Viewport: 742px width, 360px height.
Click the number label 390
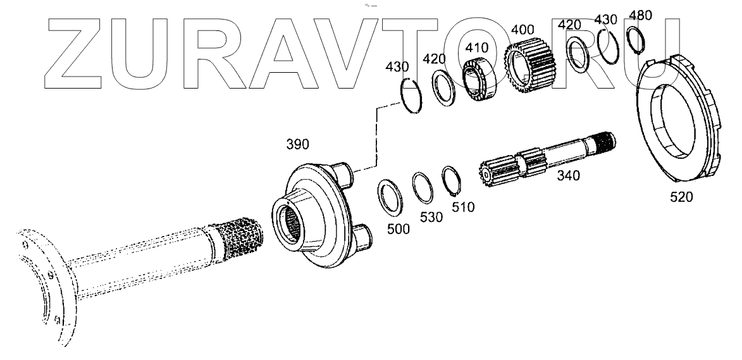(x=297, y=145)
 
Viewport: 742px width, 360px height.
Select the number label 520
(x=681, y=197)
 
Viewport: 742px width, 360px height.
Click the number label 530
(x=432, y=217)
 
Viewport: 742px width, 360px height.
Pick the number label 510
(x=463, y=206)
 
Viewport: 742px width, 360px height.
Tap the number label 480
(x=640, y=15)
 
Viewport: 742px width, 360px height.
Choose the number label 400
(x=522, y=30)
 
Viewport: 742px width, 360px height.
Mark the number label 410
(x=477, y=47)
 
